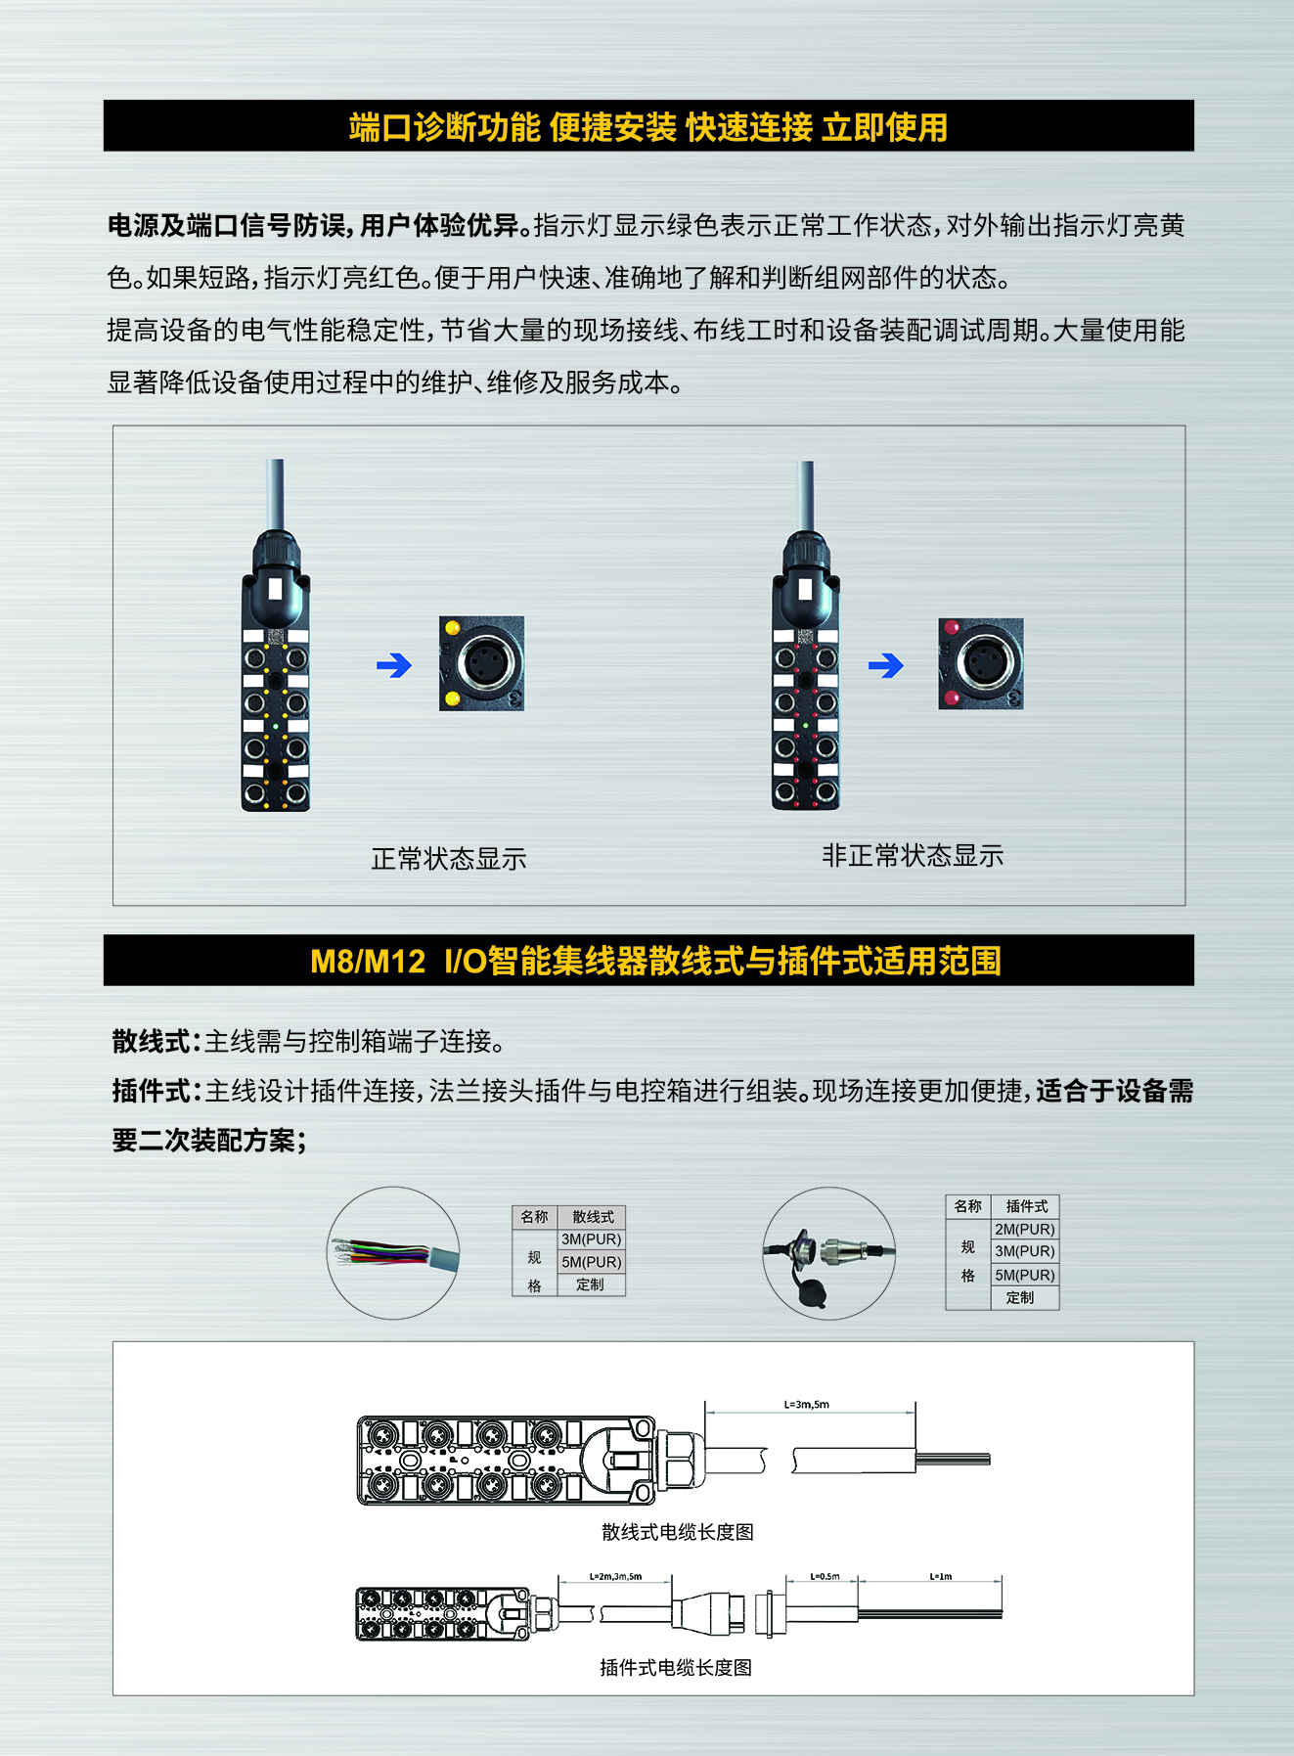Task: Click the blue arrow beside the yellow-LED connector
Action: (394, 666)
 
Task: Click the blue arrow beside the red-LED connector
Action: (886, 666)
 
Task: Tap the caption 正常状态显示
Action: (449, 859)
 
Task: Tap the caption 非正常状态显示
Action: (913, 856)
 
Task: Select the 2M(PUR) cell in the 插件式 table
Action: (1025, 1229)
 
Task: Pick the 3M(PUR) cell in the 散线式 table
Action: (591, 1239)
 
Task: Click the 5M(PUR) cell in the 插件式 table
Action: (1025, 1275)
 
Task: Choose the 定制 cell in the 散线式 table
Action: (591, 1284)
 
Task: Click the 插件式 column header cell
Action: (1026, 1206)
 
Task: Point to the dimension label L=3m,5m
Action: (806, 1405)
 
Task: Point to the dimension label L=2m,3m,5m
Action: (615, 1576)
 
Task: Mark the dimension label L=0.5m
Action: (825, 1576)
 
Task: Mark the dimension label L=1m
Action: (941, 1576)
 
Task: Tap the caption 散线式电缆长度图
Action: (678, 1532)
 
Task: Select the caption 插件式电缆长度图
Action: (676, 1668)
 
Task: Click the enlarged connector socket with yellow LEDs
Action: (482, 663)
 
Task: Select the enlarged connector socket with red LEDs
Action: (981, 663)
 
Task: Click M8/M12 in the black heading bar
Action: (368, 962)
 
